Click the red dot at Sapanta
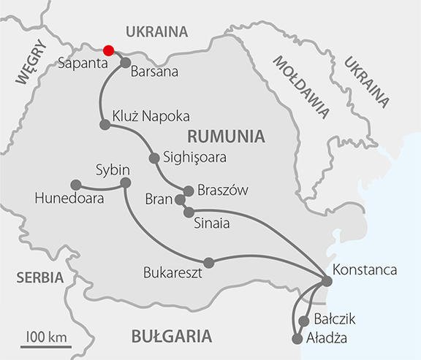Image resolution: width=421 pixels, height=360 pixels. coord(109,50)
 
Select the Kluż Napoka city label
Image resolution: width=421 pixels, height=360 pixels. coord(151,116)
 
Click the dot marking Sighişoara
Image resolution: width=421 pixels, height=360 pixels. coord(153,158)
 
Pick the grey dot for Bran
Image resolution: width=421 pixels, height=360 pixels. coord(180,199)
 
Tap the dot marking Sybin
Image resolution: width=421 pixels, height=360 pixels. coord(125,182)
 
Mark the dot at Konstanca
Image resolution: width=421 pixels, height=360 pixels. coord(324,277)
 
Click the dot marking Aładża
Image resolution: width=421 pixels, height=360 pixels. coord(297,339)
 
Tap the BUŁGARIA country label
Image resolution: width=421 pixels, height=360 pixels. coord(171,336)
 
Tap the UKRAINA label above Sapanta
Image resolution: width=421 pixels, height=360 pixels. coord(156,31)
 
